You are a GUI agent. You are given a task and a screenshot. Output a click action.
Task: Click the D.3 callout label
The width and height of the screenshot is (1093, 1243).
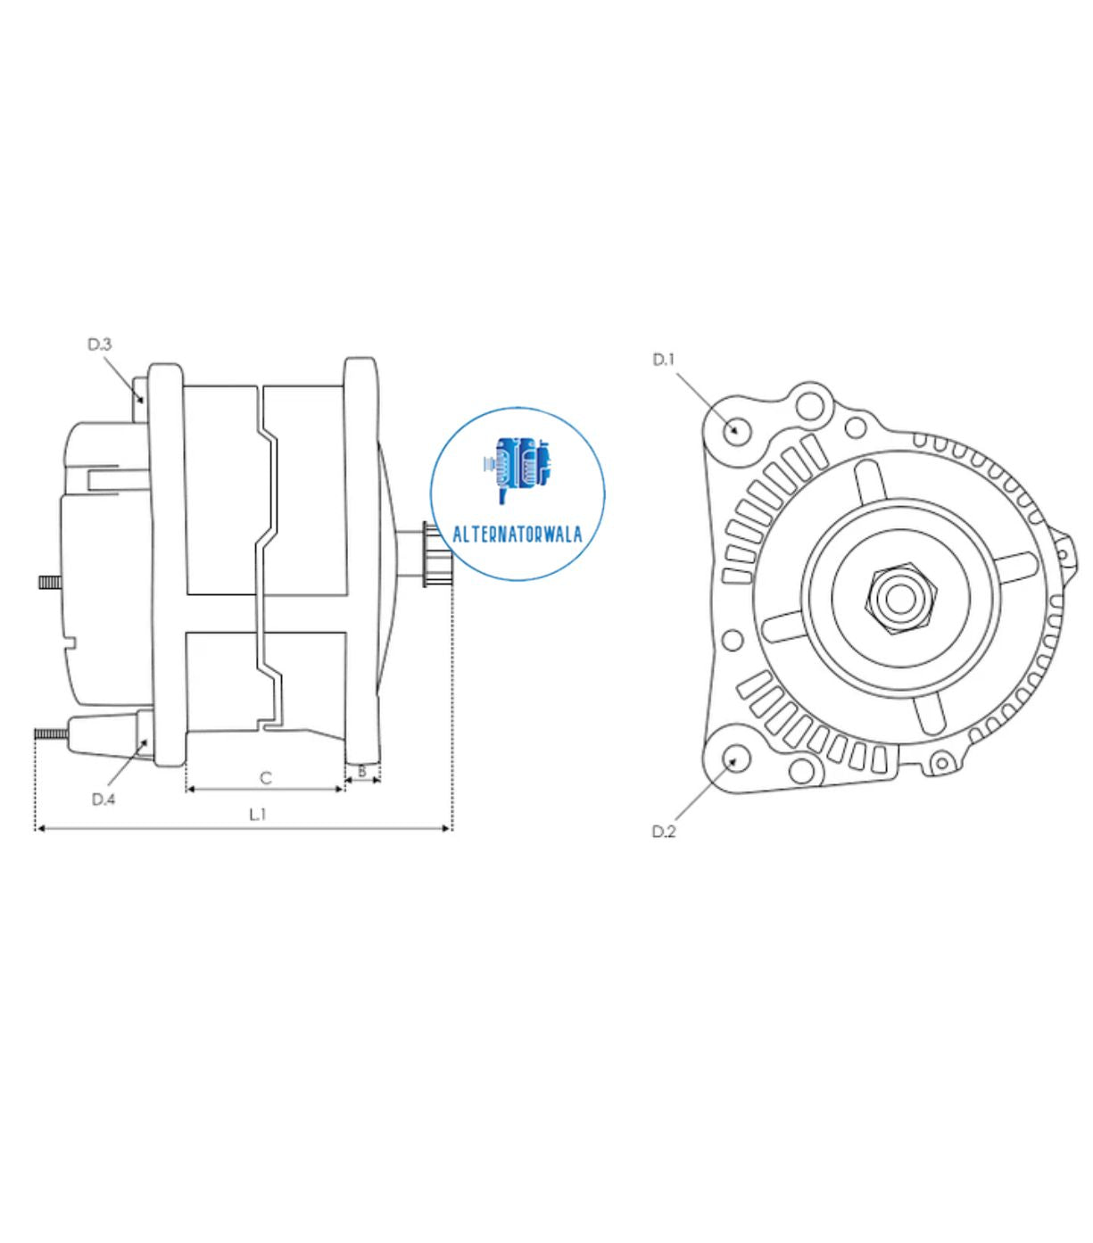click(99, 344)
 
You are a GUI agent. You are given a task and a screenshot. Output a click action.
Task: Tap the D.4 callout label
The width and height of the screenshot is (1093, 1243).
click(104, 799)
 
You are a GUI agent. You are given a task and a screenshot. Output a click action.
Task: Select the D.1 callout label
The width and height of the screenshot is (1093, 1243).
click(664, 360)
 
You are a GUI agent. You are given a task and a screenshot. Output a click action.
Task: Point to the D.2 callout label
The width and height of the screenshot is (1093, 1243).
click(664, 832)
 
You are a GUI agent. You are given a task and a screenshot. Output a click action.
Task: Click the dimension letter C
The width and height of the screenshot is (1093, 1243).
click(265, 778)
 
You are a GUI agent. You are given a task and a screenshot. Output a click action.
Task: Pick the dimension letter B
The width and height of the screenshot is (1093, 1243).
click(362, 770)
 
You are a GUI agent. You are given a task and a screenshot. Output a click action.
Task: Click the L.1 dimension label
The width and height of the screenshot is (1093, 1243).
click(258, 814)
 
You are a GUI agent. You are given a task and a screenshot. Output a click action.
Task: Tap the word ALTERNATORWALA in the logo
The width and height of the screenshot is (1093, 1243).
click(518, 534)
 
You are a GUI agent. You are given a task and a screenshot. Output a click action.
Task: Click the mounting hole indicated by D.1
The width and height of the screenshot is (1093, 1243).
click(735, 429)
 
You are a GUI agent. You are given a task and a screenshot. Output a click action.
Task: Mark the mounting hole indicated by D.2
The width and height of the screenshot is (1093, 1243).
click(735, 759)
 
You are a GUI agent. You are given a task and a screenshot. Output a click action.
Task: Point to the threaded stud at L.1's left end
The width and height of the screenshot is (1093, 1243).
click(52, 733)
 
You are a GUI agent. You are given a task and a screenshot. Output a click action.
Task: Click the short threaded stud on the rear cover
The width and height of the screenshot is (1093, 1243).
click(50, 582)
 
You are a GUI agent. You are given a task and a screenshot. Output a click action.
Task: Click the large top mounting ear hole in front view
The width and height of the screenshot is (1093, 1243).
click(810, 406)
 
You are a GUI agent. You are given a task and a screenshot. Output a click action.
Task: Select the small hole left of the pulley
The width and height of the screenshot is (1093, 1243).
click(732, 640)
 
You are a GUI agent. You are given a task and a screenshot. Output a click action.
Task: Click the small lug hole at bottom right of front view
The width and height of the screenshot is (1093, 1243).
click(939, 763)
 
